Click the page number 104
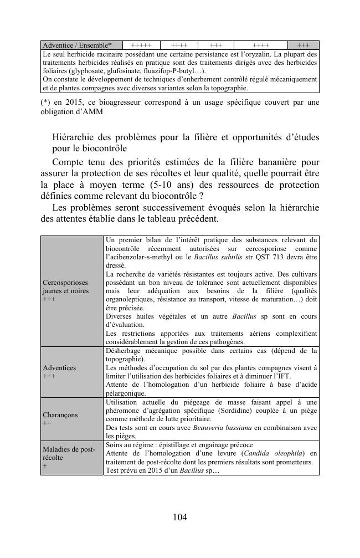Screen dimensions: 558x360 (180, 517)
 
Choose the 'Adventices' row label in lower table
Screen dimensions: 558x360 (59, 367)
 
